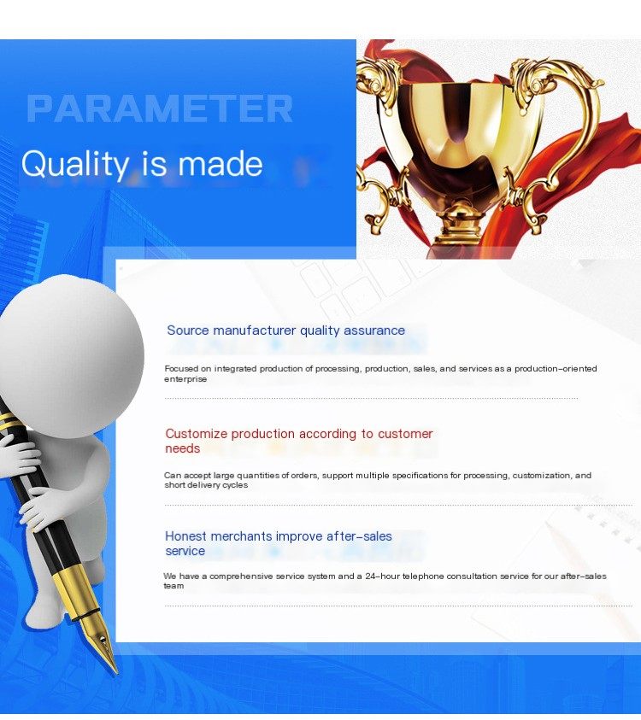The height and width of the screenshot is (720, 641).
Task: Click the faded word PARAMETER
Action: (160, 108)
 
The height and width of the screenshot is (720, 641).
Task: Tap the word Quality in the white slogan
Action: (75, 164)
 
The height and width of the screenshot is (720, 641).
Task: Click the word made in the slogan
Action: (221, 164)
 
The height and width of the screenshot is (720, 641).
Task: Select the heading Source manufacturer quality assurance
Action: (285, 331)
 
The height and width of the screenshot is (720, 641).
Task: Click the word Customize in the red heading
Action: (197, 434)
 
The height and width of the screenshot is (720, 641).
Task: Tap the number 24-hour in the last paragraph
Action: (382, 576)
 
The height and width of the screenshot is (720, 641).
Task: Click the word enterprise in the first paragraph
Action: (185, 379)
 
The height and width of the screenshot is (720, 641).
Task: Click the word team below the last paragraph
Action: (173, 586)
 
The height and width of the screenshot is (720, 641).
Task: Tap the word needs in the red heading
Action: (182, 448)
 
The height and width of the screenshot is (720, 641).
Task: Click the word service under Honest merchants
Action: (185, 551)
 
